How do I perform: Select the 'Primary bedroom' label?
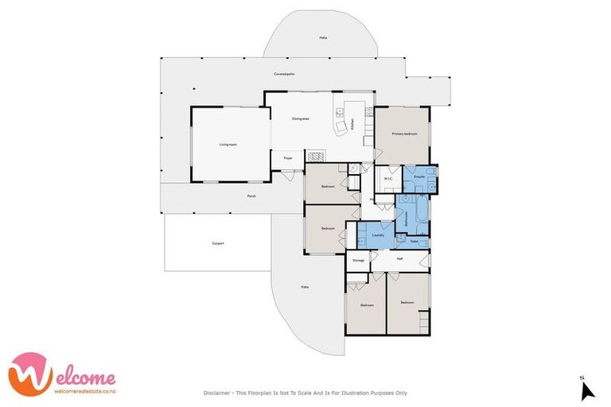(403, 134)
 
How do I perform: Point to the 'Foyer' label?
(288, 158)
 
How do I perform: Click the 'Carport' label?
(217, 243)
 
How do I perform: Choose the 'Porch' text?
(251, 196)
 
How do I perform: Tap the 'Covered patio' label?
(284, 74)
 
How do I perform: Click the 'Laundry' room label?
(379, 235)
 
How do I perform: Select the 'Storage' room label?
(358, 259)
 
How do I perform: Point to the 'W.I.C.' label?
(388, 178)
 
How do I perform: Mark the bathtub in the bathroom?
(421, 211)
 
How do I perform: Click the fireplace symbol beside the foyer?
(316, 157)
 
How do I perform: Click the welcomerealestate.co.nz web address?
(84, 390)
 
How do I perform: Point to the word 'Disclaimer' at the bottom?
(216, 393)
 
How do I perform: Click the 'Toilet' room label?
(414, 240)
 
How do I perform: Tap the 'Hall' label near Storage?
(399, 259)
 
